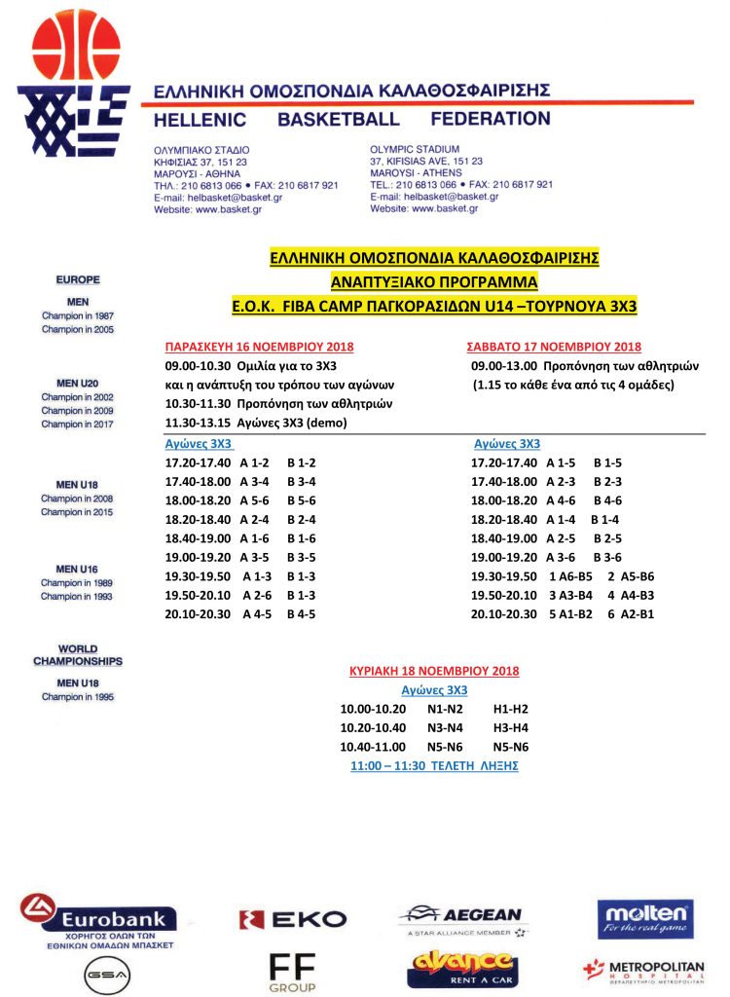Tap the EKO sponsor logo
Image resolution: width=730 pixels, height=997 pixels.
[x=293, y=918]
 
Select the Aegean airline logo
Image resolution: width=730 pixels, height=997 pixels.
[x=461, y=918]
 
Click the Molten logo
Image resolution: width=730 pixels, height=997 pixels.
[x=645, y=917]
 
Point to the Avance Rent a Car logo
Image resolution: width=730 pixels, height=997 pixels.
[x=461, y=970]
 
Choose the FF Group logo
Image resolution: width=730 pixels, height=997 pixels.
[x=293, y=971]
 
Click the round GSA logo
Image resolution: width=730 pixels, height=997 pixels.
[x=100, y=975]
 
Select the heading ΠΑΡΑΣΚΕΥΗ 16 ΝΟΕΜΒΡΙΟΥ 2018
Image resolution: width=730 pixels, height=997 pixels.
[x=259, y=348]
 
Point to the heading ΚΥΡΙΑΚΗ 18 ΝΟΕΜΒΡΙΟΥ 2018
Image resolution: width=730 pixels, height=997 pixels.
[x=434, y=671]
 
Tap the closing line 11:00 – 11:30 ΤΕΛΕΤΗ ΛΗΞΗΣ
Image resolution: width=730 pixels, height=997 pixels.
[x=434, y=765]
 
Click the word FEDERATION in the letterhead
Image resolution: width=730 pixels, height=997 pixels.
[x=492, y=119]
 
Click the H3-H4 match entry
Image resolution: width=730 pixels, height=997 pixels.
[x=510, y=727]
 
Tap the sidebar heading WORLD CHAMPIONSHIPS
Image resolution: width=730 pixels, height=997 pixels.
[x=78, y=654]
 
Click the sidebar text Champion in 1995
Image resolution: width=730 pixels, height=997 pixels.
[x=78, y=697]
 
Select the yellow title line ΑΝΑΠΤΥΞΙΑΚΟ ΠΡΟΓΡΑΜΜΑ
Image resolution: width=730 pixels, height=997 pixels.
[x=434, y=282]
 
